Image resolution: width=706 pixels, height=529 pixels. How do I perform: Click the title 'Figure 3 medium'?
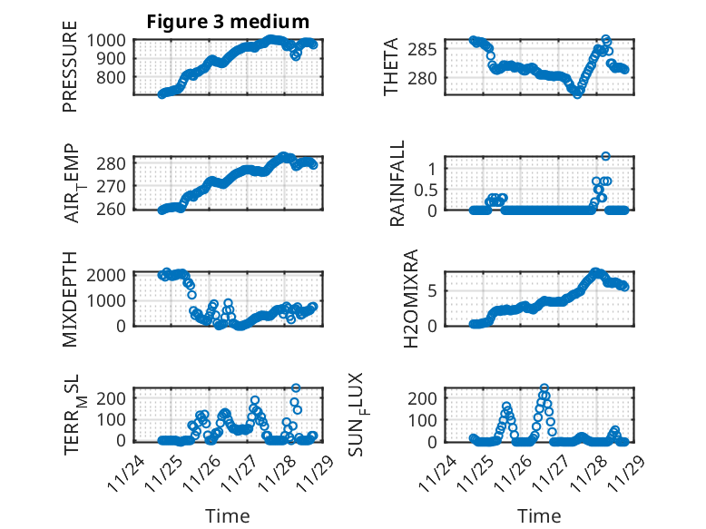click(228, 22)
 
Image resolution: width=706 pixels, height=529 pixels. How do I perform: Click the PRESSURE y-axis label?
click(70, 73)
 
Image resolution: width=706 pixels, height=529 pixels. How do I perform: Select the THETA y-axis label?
click(390, 66)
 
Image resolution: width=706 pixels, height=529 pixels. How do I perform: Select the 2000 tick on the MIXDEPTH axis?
click(110, 275)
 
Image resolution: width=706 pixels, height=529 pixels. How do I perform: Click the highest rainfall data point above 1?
click(605, 156)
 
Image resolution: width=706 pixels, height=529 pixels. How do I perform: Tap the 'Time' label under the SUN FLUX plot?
click(538, 515)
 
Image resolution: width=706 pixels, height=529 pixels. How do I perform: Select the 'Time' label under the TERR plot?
click(228, 515)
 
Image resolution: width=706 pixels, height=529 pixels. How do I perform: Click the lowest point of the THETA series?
click(577, 93)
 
